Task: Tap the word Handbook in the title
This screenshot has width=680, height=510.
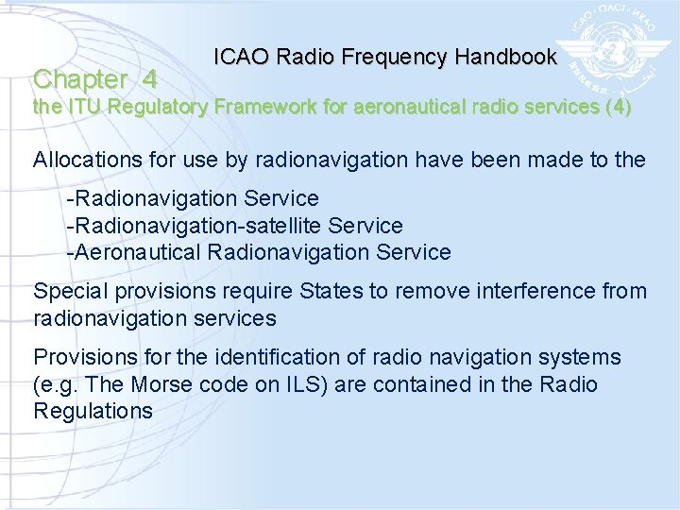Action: pos(505,57)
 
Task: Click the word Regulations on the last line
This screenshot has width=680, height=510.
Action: pos(93,411)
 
